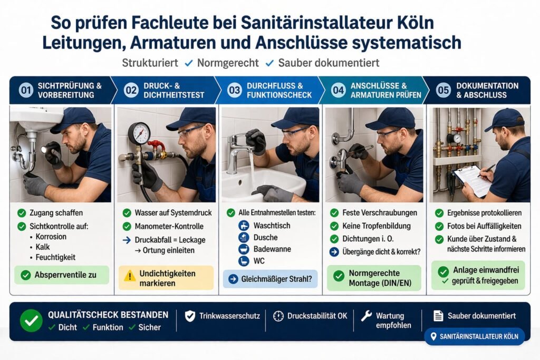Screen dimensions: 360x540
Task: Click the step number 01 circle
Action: [x=26, y=90]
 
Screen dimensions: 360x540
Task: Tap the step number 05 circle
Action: [x=443, y=90]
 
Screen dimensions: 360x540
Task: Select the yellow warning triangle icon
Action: [x=130, y=276]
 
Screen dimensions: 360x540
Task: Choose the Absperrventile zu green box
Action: [x=61, y=275]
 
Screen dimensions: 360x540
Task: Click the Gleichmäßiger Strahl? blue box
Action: [x=270, y=279]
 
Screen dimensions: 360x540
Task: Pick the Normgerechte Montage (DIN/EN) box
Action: [x=374, y=278]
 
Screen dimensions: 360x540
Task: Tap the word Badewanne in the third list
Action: [x=273, y=249]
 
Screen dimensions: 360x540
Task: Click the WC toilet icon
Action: [x=244, y=261]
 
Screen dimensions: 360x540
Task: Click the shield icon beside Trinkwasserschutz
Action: [x=190, y=316]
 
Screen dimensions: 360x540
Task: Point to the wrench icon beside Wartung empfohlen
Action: [x=366, y=316]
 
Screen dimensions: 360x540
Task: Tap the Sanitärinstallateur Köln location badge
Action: [x=474, y=336]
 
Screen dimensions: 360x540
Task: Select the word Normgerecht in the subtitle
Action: [x=228, y=63]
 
